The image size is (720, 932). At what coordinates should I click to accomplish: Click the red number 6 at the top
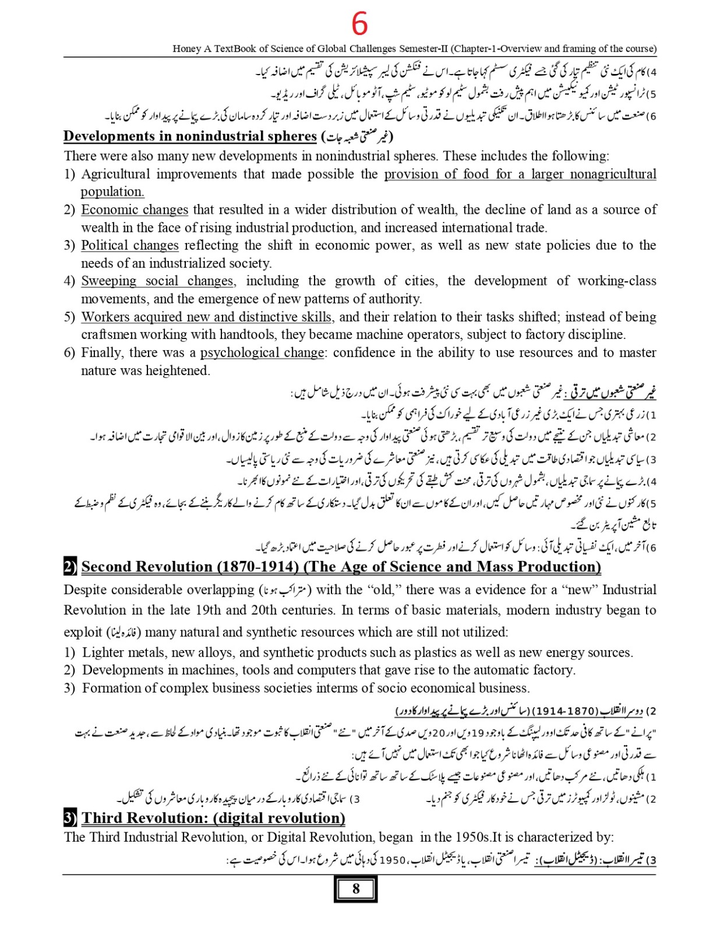coord(359,24)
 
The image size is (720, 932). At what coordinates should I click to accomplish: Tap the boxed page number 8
coord(355,889)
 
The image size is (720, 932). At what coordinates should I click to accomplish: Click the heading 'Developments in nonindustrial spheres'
coord(190,136)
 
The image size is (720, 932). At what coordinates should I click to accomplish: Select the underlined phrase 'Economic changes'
coord(135,210)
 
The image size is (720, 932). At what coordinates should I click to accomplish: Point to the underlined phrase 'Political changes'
coord(129,245)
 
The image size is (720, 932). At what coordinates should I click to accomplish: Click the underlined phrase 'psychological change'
coord(262,353)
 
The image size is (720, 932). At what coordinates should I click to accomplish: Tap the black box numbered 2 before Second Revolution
coord(70,567)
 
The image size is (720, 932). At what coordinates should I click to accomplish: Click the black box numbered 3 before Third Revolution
coord(70,818)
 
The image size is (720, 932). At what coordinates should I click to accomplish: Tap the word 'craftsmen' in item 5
coord(109,335)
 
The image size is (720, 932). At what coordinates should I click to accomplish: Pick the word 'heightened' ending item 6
coord(179,371)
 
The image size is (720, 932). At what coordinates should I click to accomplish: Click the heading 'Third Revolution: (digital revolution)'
coord(213,818)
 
